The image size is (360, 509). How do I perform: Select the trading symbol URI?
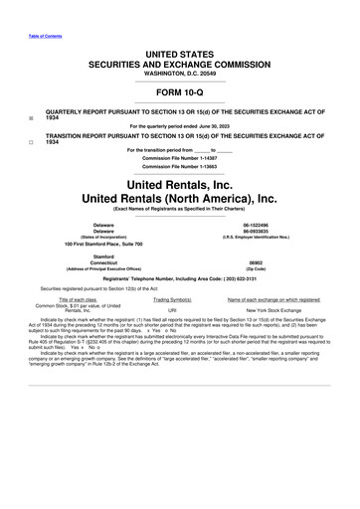point(173,311)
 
